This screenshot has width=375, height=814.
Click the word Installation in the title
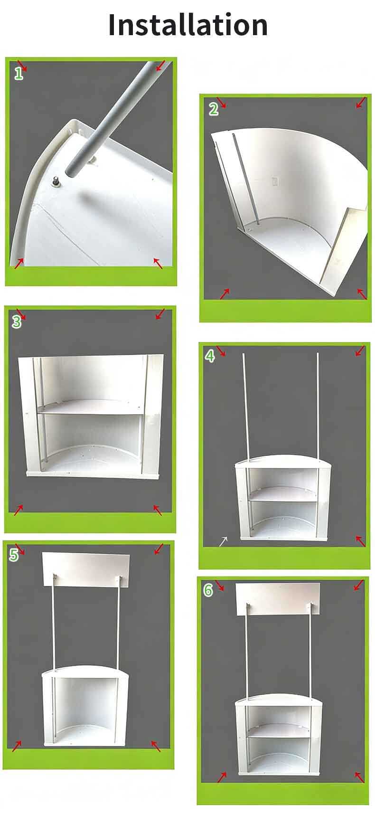[188, 25]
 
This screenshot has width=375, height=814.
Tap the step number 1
[19, 74]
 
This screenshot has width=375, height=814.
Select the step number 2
[213, 109]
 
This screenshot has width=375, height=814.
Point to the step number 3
[17, 322]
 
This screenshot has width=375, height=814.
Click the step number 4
[210, 357]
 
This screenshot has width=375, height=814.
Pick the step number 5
[14, 555]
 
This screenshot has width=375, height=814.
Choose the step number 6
[208, 590]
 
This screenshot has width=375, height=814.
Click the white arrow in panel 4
[223, 541]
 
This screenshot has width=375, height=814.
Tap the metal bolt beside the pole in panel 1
[56, 180]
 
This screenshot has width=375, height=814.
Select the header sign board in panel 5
[86, 569]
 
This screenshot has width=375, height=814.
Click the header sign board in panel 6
[278, 599]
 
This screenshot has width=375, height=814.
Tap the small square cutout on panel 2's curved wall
[275, 180]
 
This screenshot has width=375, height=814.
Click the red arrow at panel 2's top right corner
[360, 103]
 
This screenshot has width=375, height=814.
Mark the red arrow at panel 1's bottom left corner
[19, 263]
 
